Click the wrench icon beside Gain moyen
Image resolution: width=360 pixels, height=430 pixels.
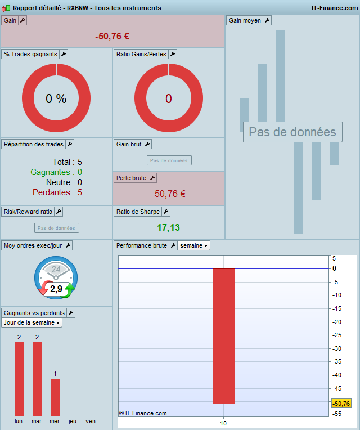point(267,20)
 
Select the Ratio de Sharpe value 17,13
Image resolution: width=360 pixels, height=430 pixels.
point(169,227)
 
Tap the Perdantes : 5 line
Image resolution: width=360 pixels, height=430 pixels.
point(57,192)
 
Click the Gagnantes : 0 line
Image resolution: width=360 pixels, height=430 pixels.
point(56,172)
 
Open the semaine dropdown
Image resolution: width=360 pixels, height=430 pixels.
point(193,245)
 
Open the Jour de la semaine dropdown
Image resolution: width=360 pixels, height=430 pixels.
point(31,322)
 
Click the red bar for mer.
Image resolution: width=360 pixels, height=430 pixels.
point(55,397)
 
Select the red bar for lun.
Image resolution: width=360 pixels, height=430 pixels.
point(19,379)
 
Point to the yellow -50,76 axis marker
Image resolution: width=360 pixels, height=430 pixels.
point(341,404)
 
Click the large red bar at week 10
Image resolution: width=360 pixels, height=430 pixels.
point(224,336)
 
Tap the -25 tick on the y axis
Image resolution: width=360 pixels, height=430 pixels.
point(337,335)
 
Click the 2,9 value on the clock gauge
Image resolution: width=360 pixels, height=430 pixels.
point(56,289)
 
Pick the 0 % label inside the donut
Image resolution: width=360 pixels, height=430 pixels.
point(56,98)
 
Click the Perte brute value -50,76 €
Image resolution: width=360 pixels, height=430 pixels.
point(169,194)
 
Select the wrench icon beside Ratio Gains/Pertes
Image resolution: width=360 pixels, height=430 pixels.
point(173,54)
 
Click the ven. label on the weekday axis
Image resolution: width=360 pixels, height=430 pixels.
point(91,421)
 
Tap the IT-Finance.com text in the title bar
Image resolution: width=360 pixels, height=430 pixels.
point(335,8)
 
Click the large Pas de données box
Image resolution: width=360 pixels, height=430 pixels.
point(292,132)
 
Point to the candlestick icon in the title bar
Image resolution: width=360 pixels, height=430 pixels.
point(6,8)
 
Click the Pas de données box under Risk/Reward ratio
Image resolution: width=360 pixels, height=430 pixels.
point(57,228)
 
